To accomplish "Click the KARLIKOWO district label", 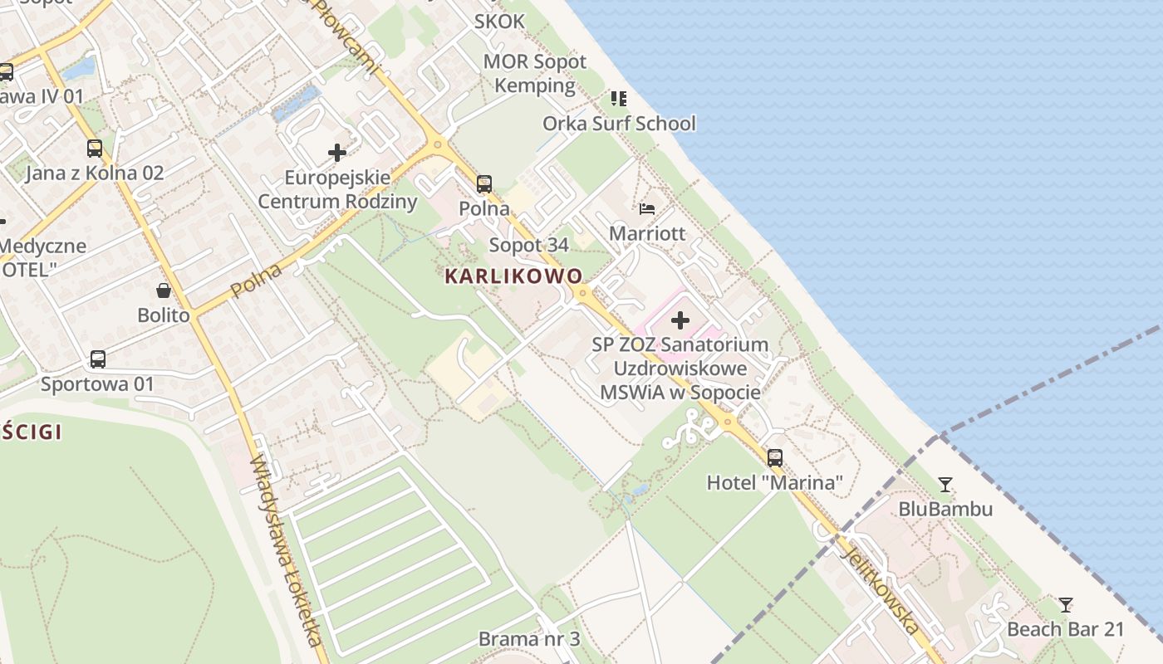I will [x=514, y=276].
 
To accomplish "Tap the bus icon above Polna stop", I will [x=484, y=184].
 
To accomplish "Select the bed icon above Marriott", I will [x=647, y=208].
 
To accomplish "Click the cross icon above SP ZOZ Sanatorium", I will [x=680, y=320].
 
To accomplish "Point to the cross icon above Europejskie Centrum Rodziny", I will [x=337, y=153].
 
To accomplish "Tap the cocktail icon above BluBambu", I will [x=945, y=484].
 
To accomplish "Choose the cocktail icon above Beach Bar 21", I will [x=1066, y=604].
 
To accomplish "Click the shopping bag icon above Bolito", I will [x=164, y=290].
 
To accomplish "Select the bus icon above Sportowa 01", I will [x=98, y=359].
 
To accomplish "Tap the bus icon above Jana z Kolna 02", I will [x=95, y=149].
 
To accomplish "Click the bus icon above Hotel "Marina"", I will [x=775, y=457].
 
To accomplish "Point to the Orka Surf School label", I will [x=619, y=124].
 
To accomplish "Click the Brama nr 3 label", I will [x=529, y=639].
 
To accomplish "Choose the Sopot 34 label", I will [x=529, y=245].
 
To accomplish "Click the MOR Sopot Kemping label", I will [x=535, y=73].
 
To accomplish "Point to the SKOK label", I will [x=499, y=22].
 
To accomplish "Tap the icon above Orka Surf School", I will [x=619, y=99].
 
